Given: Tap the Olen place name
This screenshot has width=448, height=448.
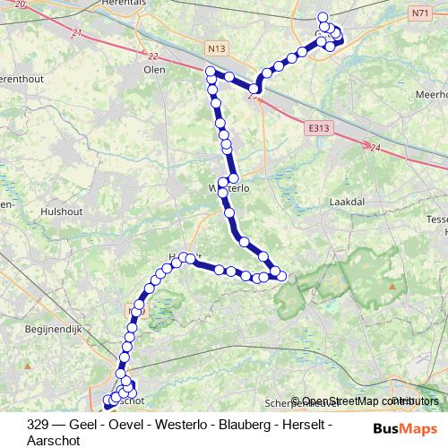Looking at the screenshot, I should pyautogui.click(x=154, y=68).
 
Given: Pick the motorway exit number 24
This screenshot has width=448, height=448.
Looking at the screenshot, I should pyautogui.click(x=374, y=147).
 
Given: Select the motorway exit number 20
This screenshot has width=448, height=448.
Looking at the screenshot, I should pyautogui.click(x=20, y=4).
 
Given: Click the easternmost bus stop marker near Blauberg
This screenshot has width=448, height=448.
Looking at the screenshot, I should pyautogui.click(x=282, y=275).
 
